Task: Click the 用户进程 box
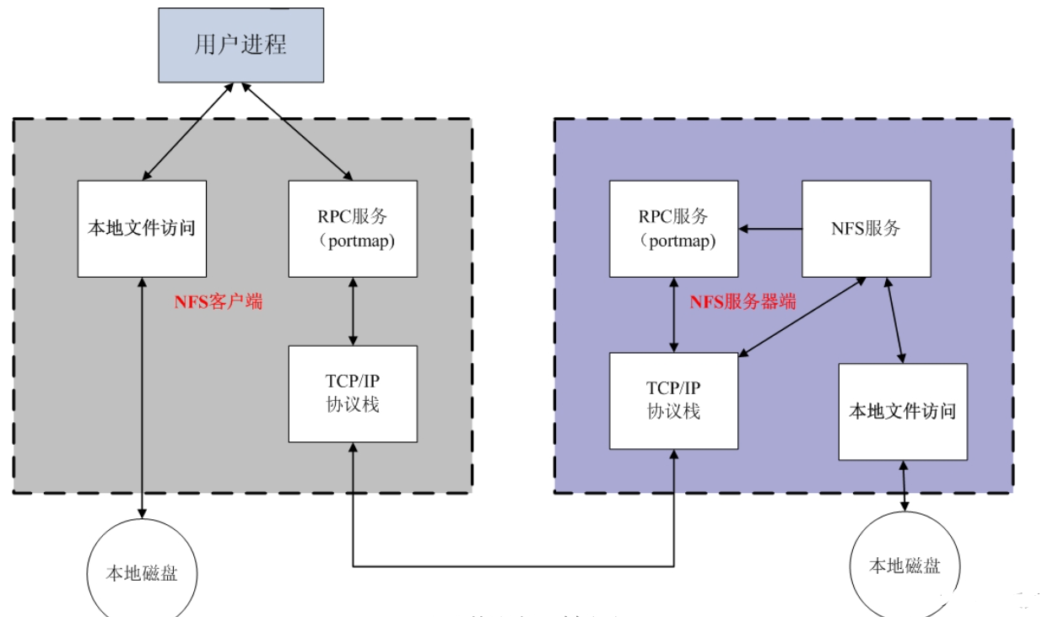click(x=240, y=45)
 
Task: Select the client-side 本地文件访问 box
click(x=142, y=228)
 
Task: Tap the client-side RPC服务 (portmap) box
click(x=353, y=228)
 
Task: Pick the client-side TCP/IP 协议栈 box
click(x=353, y=393)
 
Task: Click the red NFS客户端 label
click(x=219, y=301)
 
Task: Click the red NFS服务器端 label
click(x=742, y=301)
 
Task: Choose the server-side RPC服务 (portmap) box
click(x=673, y=228)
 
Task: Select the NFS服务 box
click(x=865, y=228)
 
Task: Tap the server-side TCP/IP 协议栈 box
click(x=673, y=401)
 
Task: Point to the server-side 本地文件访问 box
click(x=902, y=412)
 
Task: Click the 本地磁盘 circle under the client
click(x=142, y=572)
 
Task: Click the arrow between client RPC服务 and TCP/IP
click(x=353, y=311)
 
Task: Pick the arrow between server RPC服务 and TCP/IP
click(x=673, y=314)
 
